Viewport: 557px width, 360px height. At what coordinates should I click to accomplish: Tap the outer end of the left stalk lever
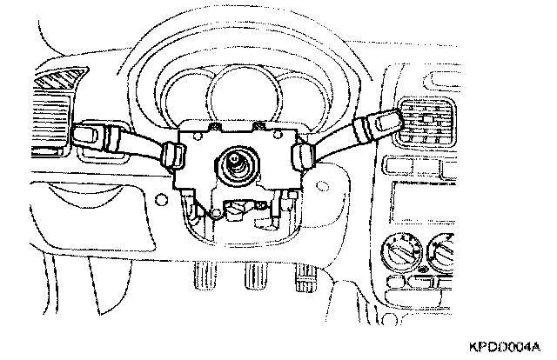pyautogui.click(x=85, y=134)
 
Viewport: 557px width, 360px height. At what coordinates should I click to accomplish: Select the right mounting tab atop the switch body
pyautogui.click(x=258, y=128)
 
